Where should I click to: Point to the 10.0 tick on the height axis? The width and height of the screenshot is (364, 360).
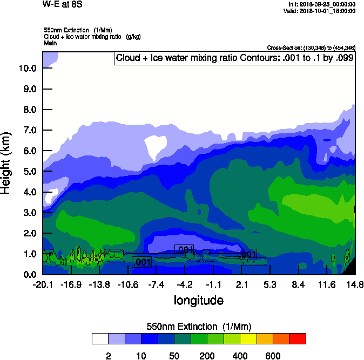27,68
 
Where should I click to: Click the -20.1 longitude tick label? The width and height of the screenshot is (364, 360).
43,284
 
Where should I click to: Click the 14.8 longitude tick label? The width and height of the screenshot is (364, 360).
354,284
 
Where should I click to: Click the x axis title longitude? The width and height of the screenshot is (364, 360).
198,300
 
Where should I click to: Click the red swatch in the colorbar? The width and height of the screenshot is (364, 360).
298,338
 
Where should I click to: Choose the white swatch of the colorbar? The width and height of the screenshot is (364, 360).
100,338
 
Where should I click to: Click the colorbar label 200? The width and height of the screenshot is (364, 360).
207,356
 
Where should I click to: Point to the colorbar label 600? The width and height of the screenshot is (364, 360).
273,356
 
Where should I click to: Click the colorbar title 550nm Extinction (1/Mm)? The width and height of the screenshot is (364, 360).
199,326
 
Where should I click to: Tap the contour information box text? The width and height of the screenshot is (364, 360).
234,58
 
